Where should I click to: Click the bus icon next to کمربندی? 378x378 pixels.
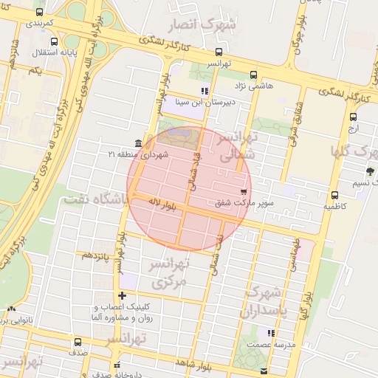(x=38, y=13)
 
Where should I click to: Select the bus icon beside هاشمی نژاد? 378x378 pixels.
(x=254, y=75)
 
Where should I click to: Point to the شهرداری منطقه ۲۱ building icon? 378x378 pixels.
(x=139, y=143)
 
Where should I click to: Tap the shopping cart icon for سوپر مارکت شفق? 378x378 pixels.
(x=243, y=190)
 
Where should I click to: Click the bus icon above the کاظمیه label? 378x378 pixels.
(x=334, y=196)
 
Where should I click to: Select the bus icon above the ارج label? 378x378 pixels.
(x=353, y=117)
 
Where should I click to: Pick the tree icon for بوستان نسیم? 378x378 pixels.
(x=369, y=171)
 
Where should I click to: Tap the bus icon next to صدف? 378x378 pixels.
(x=77, y=342)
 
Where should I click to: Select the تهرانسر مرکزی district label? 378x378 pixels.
(x=170, y=272)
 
